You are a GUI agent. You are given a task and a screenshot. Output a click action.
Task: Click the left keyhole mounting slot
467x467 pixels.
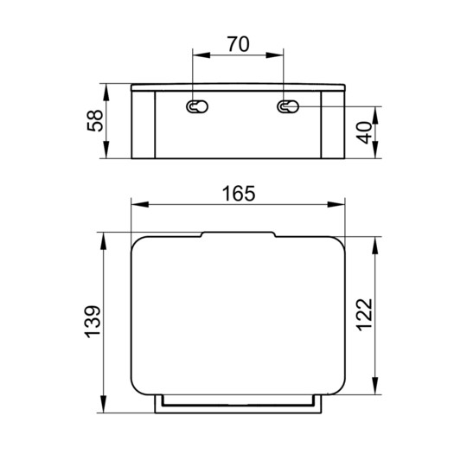pyautogui.click(x=195, y=108)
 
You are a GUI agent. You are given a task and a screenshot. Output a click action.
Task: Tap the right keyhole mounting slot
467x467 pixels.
pyautogui.click(x=286, y=108)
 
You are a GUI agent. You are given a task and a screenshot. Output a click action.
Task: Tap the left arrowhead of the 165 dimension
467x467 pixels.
pyautogui.click(x=137, y=206)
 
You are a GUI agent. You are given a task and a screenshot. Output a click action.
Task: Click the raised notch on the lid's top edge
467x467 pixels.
pyautogui.click(x=238, y=233)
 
